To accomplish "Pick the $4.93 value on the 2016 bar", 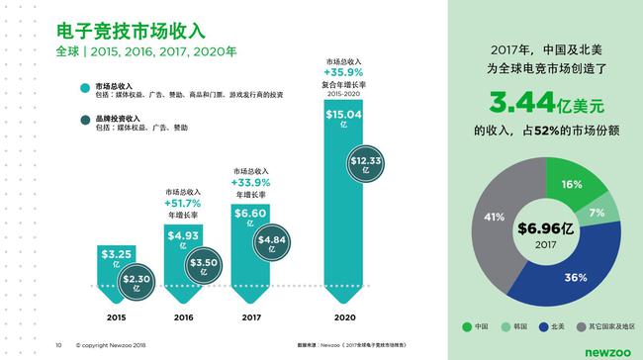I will pos(181,237).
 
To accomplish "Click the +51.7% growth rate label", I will pos(181,204).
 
